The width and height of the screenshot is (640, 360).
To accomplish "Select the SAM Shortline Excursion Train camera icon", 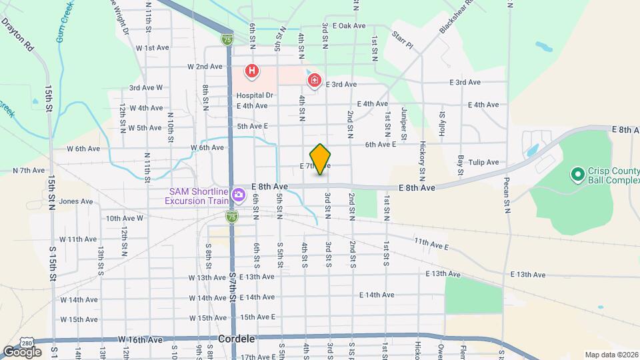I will point(238,197).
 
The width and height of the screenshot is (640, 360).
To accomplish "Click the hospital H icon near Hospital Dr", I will point(252,70).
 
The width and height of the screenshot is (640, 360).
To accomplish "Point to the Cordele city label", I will point(237,339).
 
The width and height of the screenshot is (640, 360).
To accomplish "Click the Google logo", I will point(23,351).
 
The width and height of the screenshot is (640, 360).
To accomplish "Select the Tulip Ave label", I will point(484,162).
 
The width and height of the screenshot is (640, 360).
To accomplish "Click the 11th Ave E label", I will point(431,244).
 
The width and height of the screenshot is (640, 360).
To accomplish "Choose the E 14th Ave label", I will point(377,295).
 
